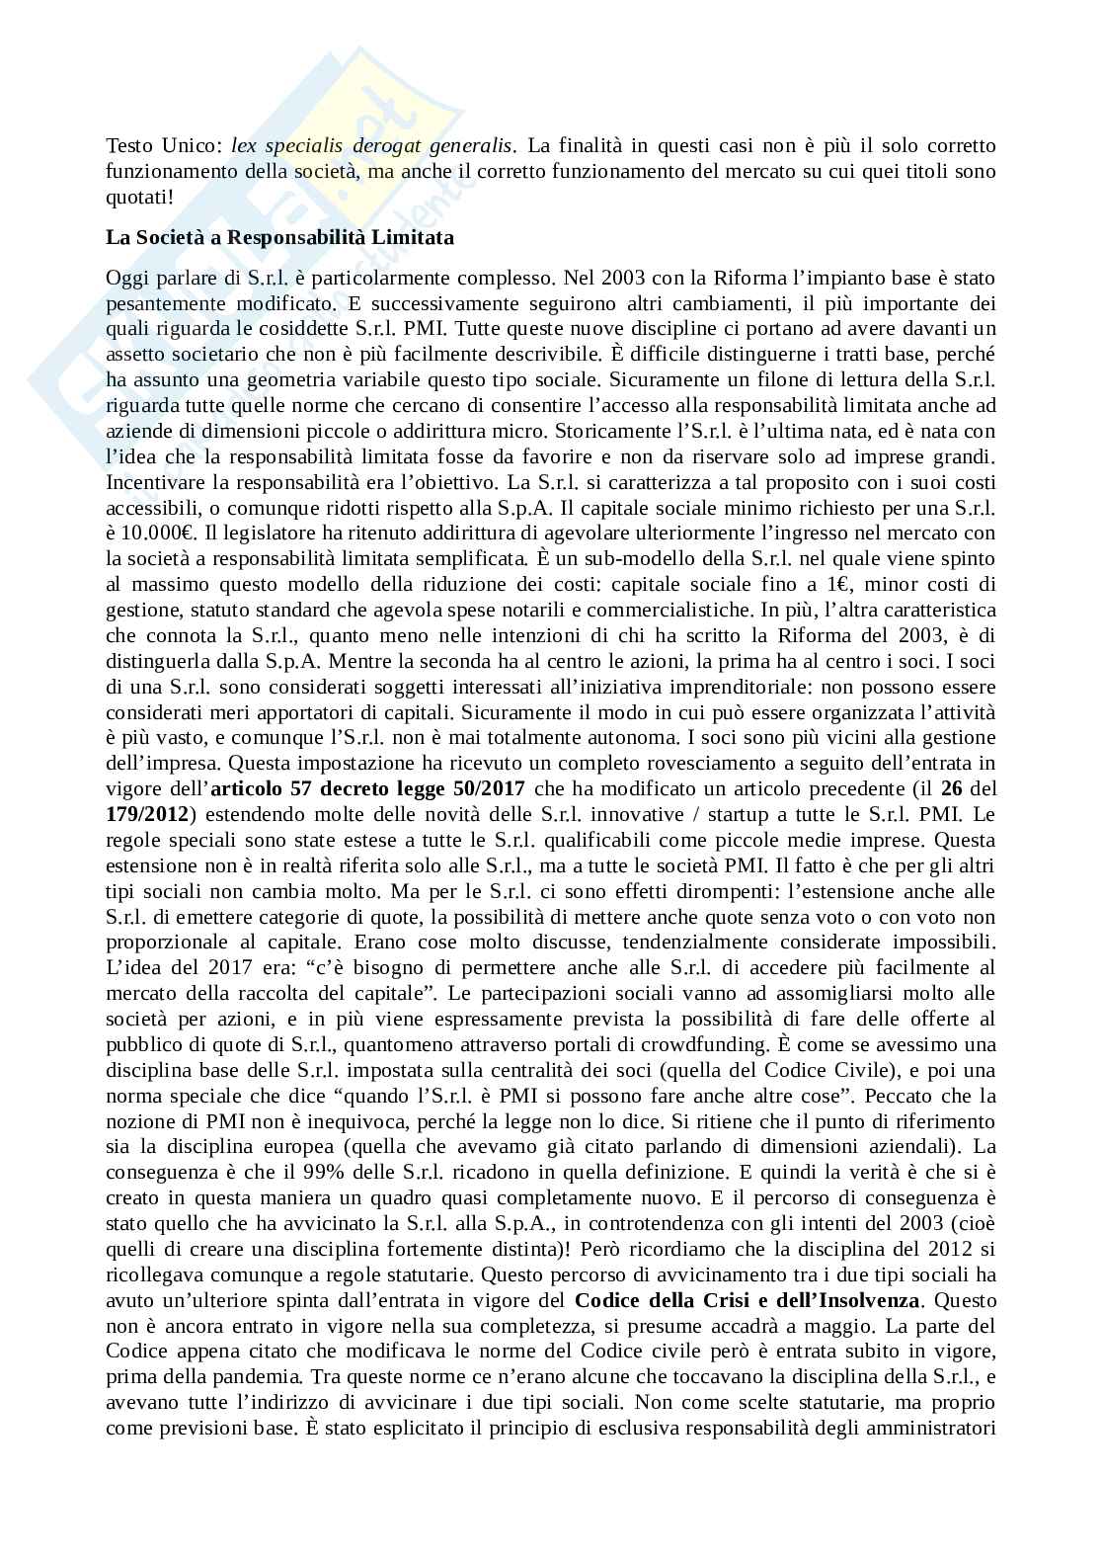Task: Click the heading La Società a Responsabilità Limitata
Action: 279,238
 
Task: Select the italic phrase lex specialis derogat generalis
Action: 371,145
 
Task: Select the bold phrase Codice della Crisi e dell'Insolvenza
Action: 748,1300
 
